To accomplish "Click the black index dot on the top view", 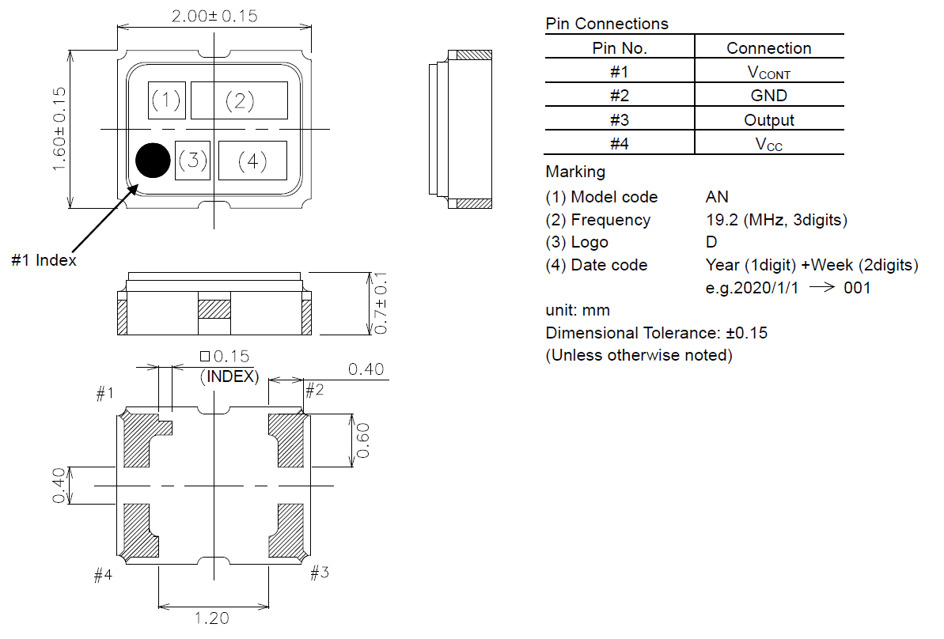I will pyautogui.click(x=153, y=161).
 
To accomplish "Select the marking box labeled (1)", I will pyautogui.click(x=166, y=100).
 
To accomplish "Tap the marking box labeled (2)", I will pyautogui.click(x=239, y=100).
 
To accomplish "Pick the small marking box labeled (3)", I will pyautogui.click(x=192, y=161).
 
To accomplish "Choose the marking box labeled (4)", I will pyautogui.click(x=252, y=161).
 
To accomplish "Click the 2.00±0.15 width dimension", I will pyautogui.click(x=214, y=16).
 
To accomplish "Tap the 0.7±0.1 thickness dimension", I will pyautogui.click(x=382, y=303).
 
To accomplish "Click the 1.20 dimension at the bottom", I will pyautogui.click(x=212, y=618).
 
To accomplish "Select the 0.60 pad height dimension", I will pyautogui.click(x=363, y=440).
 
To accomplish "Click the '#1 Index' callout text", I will pyautogui.click(x=44, y=260).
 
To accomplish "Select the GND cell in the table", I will pyautogui.click(x=768, y=96).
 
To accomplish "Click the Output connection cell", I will pyautogui.click(x=768, y=120).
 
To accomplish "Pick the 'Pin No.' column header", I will pyautogui.click(x=620, y=48).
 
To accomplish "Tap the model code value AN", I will pyautogui.click(x=717, y=197).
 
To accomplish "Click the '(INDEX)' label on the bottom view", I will pyautogui.click(x=230, y=377).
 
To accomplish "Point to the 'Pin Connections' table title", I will pyautogui.click(x=607, y=24).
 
